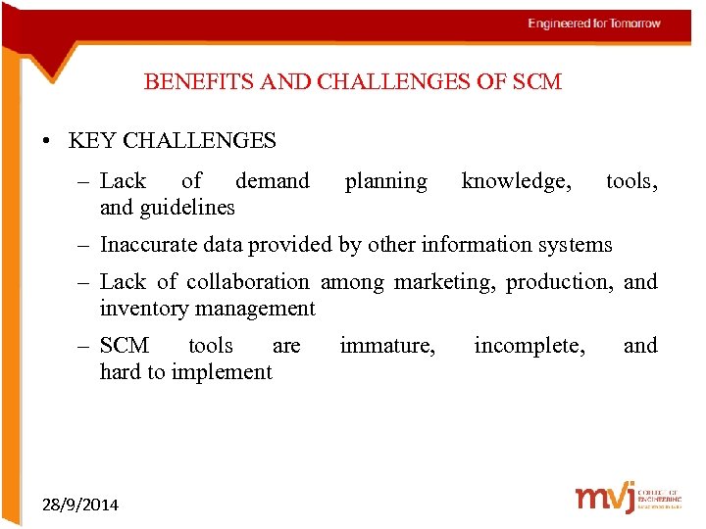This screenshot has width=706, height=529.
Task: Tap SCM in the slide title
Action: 536,82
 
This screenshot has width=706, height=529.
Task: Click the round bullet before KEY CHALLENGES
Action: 47,141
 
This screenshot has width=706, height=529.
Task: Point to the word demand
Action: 273,181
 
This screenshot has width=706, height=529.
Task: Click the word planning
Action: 385,181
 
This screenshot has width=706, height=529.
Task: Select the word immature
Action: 387,346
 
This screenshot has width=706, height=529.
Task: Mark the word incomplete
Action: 529,346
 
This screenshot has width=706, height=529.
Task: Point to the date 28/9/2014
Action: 80,505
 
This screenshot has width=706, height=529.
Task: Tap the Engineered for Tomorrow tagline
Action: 594,24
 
